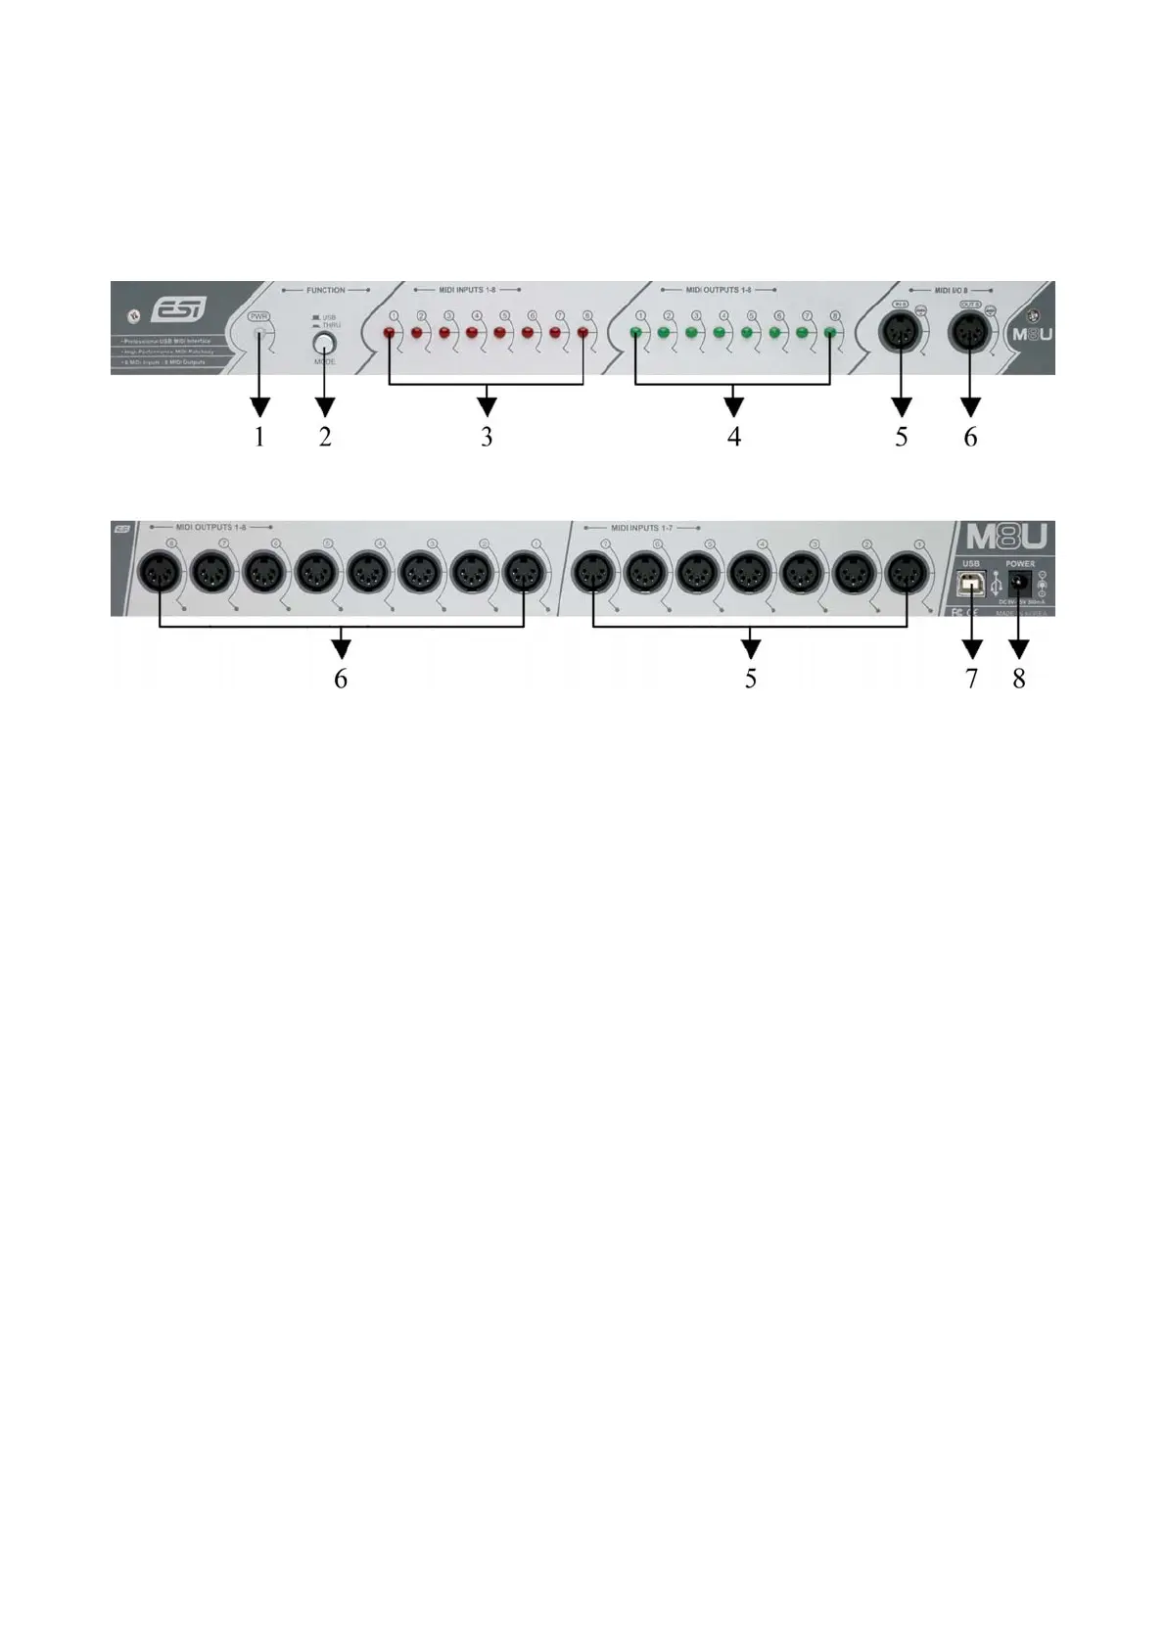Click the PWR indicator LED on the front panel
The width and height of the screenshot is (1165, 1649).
click(259, 334)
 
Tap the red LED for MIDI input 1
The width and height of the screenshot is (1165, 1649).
click(389, 334)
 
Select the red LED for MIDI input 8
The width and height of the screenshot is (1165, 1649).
click(583, 334)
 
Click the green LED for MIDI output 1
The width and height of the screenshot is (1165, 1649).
click(635, 334)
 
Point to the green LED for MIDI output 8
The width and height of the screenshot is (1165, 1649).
click(830, 334)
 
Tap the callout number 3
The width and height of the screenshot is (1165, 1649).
click(487, 437)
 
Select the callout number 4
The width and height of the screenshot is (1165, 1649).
click(734, 437)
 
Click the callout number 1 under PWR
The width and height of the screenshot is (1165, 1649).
click(259, 437)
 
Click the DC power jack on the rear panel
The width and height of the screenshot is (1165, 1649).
click(1019, 582)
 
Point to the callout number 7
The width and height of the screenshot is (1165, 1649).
click(971, 679)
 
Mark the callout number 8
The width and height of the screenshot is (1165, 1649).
click(1019, 679)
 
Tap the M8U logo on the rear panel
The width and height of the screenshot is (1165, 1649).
click(1006, 537)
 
